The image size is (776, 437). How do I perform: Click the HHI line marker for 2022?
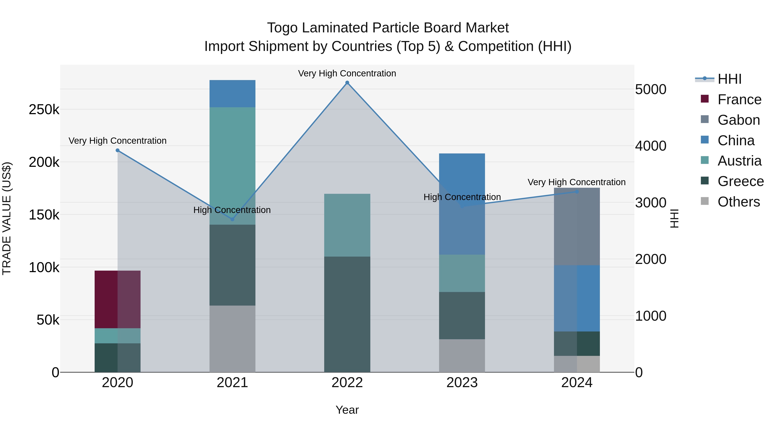[x=347, y=83]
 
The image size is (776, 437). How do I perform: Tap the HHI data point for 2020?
[x=117, y=150]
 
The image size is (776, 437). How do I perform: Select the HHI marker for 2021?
[x=232, y=219]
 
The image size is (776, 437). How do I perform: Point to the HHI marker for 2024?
[x=577, y=191]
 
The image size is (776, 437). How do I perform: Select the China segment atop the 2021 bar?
[x=232, y=93]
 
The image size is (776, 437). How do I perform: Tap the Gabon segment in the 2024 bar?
[x=577, y=226]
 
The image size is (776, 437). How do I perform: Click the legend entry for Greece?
[x=740, y=181]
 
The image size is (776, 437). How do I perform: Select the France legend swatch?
[x=705, y=99]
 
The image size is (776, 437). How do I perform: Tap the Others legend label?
[x=739, y=202]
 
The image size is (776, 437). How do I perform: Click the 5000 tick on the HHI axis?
[x=651, y=90]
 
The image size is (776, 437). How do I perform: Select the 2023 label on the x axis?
[x=462, y=383]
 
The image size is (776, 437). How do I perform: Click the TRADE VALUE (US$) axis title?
[x=7, y=218]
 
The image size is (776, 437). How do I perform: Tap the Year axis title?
[x=347, y=410]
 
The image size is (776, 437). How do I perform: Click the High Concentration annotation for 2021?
[x=232, y=210]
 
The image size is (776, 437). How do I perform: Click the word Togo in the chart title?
[x=282, y=28]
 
